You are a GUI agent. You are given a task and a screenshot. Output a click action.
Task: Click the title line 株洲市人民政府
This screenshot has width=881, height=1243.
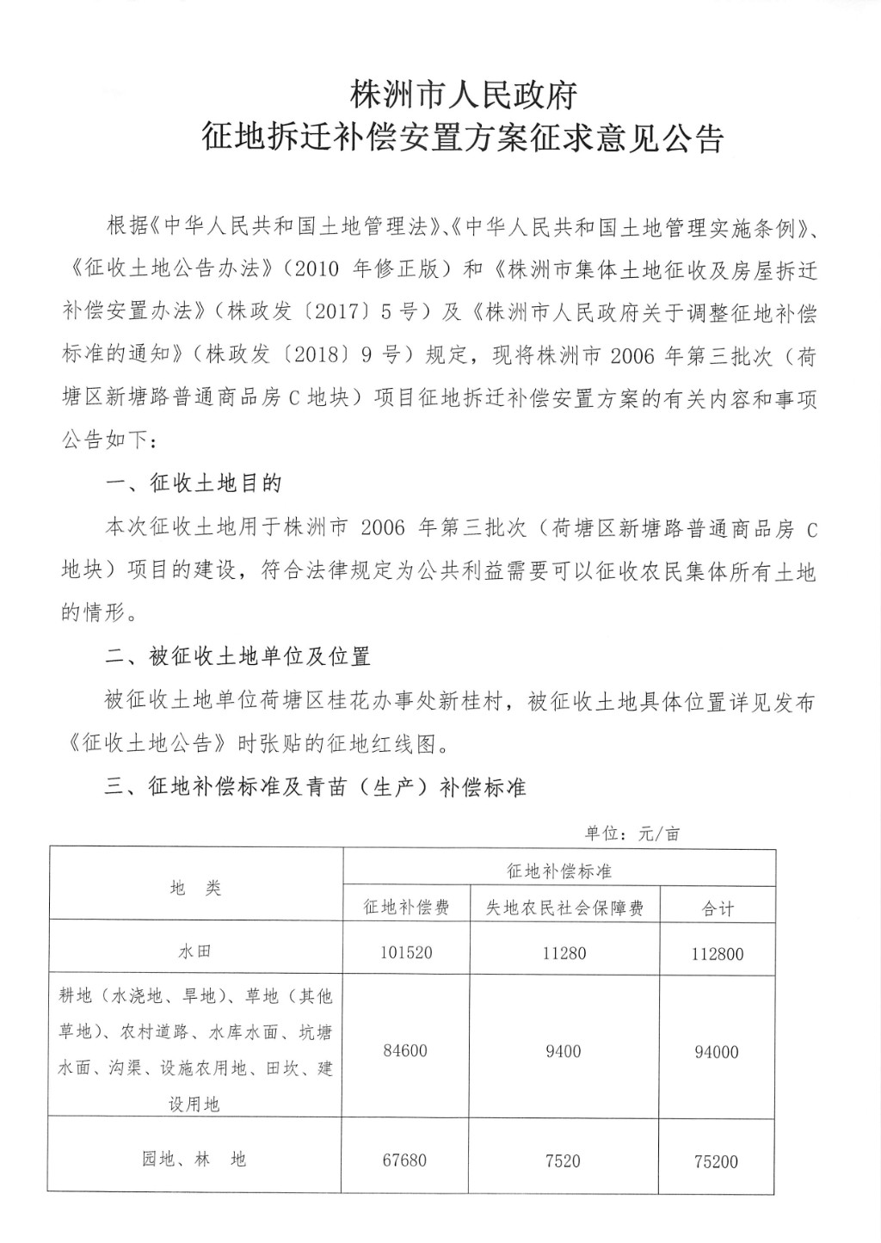click(464, 94)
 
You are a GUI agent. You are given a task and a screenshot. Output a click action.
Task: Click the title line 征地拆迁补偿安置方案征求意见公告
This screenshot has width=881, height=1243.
click(463, 138)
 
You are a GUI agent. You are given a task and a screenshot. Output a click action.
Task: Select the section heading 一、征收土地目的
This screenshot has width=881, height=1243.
click(194, 483)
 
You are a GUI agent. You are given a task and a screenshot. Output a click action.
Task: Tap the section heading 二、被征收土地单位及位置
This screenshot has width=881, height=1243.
click(237, 657)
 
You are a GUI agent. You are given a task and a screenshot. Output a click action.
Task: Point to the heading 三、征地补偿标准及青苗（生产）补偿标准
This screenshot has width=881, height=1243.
click(315, 787)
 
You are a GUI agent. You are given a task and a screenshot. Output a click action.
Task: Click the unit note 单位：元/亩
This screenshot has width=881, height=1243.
click(632, 834)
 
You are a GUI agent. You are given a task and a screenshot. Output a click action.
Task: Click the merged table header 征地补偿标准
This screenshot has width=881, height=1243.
click(559, 871)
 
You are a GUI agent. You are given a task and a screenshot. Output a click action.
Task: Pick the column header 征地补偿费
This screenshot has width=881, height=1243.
click(406, 908)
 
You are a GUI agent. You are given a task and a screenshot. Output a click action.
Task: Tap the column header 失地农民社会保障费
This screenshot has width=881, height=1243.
click(564, 908)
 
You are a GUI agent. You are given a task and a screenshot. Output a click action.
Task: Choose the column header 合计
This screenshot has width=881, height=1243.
click(718, 908)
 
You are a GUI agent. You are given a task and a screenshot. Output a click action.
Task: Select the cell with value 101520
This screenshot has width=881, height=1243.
click(406, 953)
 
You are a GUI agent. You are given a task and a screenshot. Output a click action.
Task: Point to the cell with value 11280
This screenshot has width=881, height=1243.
click(564, 953)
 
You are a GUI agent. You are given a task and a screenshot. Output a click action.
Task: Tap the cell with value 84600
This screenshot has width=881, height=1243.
click(406, 1051)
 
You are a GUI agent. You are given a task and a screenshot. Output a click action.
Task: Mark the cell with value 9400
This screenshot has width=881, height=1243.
click(564, 1051)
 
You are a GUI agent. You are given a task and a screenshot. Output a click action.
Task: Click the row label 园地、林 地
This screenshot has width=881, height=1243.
click(194, 1160)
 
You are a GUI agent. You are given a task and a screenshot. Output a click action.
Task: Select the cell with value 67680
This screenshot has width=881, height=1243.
click(406, 1160)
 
